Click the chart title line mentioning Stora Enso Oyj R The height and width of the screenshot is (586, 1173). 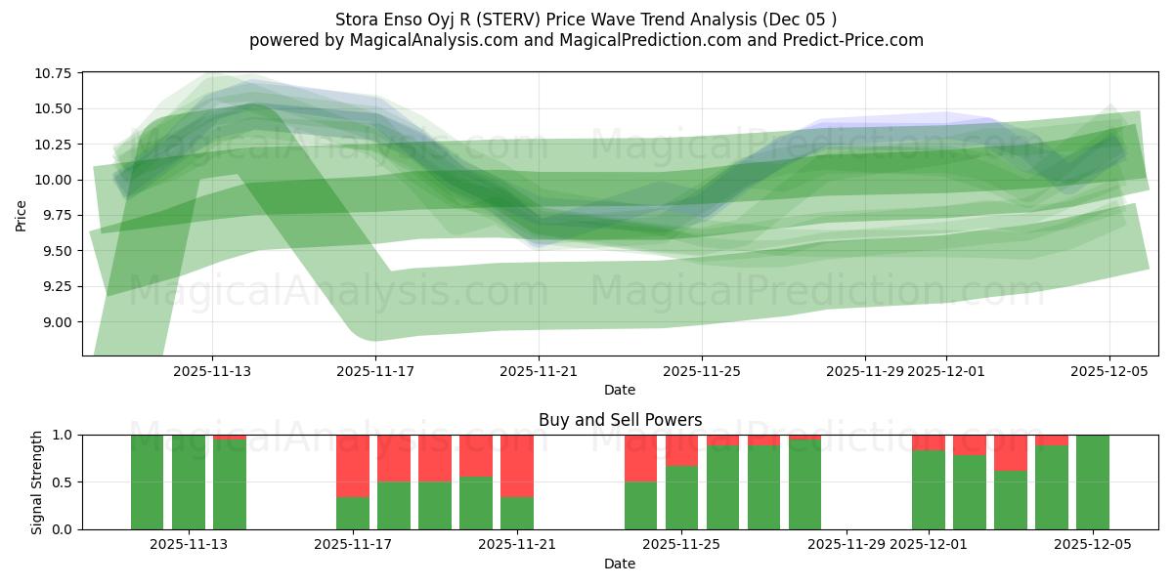point(586,20)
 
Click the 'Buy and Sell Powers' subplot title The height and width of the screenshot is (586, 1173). point(620,420)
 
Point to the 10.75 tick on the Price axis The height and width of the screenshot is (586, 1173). point(56,73)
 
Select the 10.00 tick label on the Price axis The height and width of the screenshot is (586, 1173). point(56,180)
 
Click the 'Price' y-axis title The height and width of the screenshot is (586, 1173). point(22,215)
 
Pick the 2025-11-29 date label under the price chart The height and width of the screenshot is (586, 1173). point(865,371)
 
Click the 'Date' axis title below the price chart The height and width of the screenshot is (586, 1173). point(620,390)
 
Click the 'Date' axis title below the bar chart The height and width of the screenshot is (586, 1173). point(620,564)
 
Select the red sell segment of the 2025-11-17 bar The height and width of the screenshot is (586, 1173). point(353,466)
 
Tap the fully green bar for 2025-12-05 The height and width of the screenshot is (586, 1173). point(1093,481)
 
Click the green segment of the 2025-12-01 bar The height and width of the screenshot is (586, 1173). point(929,489)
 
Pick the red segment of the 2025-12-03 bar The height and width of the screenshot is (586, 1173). point(1011,453)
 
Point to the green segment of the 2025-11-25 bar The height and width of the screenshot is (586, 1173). point(681,497)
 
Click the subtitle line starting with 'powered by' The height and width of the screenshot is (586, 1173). point(586,40)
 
